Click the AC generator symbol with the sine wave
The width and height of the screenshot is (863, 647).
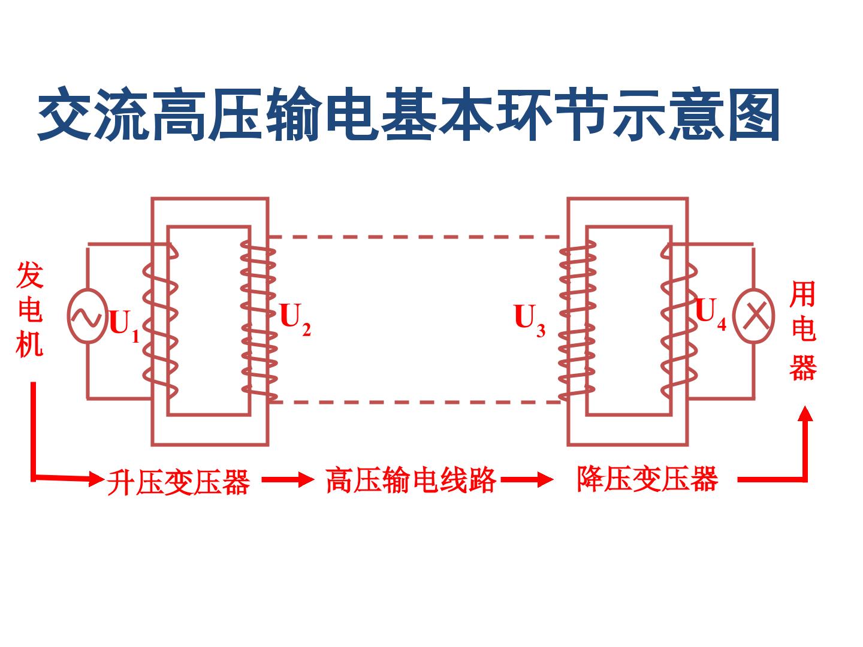pyautogui.click(x=87, y=316)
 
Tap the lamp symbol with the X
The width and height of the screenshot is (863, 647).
pyautogui.click(x=755, y=316)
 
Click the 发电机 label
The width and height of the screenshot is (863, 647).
pyautogui.click(x=30, y=310)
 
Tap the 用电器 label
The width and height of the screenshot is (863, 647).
pyautogui.click(x=803, y=330)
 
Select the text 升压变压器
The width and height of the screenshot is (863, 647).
pyautogui.click(x=178, y=482)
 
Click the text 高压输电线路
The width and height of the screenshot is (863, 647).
pyautogui.click(x=411, y=480)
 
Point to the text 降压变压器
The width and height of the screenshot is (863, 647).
pyautogui.click(x=647, y=479)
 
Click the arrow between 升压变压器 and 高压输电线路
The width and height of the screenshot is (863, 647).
pyautogui.click(x=288, y=479)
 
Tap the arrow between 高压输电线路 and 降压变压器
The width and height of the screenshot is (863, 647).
pyautogui.click(x=527, y=479)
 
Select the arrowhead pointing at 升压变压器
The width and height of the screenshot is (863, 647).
pyautogui.click(x=96, y=479)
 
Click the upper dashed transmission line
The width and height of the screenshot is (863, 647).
pyautogui.click(x=414, y=237)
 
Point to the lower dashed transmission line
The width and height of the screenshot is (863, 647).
pyautogui.click(x=414, y=402)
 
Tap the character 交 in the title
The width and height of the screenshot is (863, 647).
pyautogui.click(x=65, y=114)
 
